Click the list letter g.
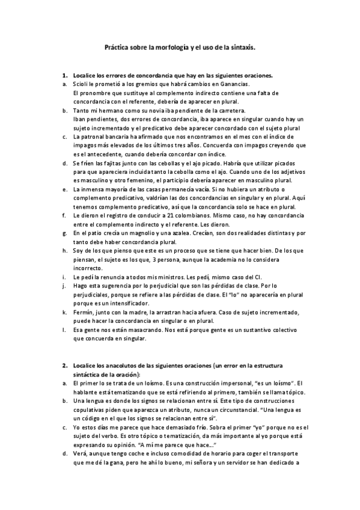[64, 232]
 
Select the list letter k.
[64, 313]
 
